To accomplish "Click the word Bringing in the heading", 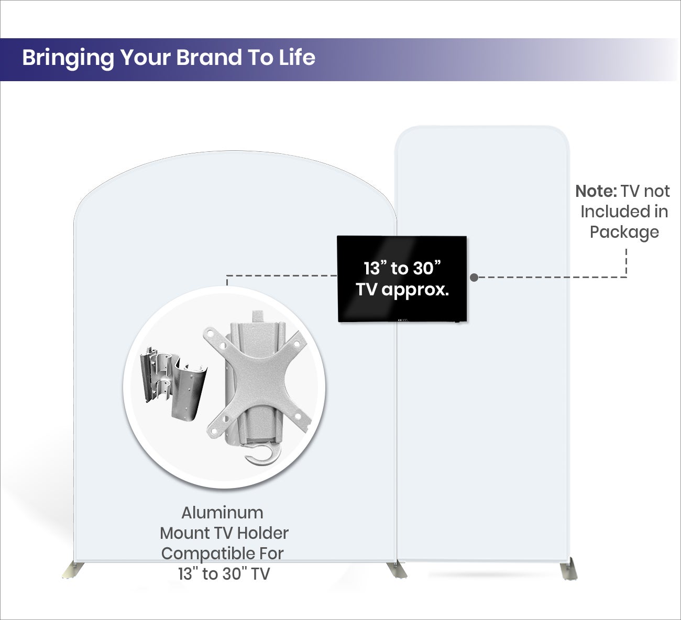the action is coord(68,58).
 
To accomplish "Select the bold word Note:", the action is coord(596,192).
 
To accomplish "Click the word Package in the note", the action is coord(624,233).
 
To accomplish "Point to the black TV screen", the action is coord(402,279).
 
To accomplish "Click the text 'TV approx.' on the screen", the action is coord(402,290).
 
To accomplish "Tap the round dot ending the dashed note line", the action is coord(474,278).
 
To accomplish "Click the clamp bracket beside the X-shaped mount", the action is coord(173,383).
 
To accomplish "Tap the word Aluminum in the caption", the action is coord(222,513).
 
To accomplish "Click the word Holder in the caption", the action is coord(263,533).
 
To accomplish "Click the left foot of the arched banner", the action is coord(73,570).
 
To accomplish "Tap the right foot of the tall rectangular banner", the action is coord(568,569).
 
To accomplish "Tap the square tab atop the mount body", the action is coord(258,317).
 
